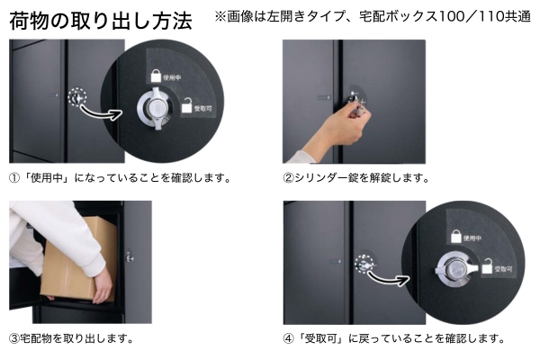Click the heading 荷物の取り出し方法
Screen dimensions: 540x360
pyautogui.click(x=101, y=21)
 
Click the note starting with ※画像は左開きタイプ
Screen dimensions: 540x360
pyautogui.click(x=373, y=16)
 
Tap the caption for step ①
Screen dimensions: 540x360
pyautogui.click(x=120, y=178)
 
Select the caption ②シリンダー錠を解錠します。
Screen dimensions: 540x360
pyautogui.click(x=356, y=178)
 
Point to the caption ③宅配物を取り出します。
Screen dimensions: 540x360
pyautogui.click(x=71, y=338)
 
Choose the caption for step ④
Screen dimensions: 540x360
pyautogui.click(x=394, y=338)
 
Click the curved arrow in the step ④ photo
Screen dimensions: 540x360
pyautogui.click(x=388, y=277)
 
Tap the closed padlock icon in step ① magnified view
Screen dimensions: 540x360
pyautogui.click(x=156, y=76)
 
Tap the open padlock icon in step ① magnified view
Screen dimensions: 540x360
pyautogui.click(x=186, y=105)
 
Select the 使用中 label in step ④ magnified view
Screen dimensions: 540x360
pyautogui.click(x=472, y=238)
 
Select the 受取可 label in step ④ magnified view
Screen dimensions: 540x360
pyautogui.click(x=503, y=269)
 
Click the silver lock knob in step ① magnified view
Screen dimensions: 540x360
pyautogui.click(x=157, y=108)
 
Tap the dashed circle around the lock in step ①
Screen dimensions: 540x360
pyautogui.click(x=77, y=97)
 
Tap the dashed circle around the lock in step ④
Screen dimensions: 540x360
pyautogui.click(x=364, y=265)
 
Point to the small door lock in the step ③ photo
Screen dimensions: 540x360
pyautogui.click(x=129, y=256)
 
